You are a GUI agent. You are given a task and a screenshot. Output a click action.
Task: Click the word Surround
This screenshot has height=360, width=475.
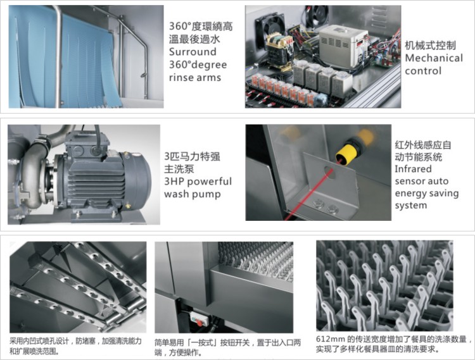pos(193,52)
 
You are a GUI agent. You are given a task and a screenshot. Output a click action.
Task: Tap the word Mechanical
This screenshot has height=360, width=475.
pos(434,58)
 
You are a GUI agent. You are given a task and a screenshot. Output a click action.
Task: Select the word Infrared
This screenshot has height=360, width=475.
pos(413,169)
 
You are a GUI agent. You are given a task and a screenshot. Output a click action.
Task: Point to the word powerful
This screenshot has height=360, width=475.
pos(210,182)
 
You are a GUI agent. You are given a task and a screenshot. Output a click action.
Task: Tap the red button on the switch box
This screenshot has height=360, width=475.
pos(199,323)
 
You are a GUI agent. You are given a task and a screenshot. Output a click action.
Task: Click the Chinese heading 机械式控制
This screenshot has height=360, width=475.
pos(430,46)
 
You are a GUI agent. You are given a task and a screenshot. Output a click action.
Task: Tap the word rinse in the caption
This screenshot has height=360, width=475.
pos(180,78)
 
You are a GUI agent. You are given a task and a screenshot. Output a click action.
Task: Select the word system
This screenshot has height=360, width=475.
pos(411,206)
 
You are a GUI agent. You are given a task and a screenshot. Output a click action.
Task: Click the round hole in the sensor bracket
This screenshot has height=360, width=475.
pos(328,173)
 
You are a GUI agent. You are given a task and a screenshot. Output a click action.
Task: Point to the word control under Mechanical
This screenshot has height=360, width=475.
pos(423,71)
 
